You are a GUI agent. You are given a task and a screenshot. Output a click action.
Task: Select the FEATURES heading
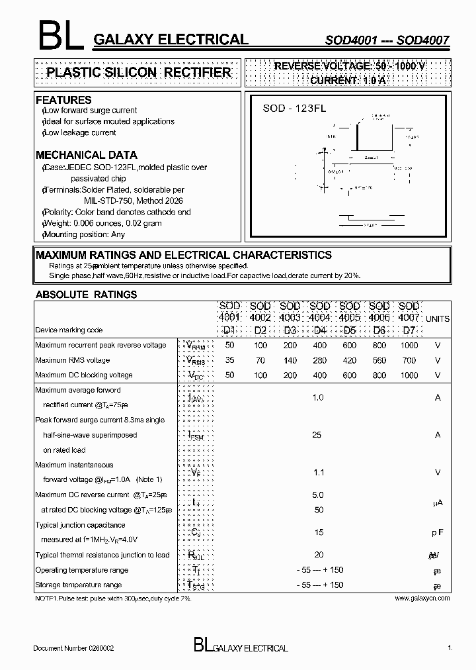pyautogui.click(x=63, y=100)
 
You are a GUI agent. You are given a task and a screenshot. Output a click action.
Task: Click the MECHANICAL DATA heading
pyautogui.click(x=86, y=156)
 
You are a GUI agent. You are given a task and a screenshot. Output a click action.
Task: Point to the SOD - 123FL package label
pyautogui.click(x=294, y=109)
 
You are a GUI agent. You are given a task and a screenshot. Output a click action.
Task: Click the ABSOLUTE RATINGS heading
pyautogui.click(x=86, y=295)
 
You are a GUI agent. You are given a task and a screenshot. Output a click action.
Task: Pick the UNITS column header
pyautogui.click(x=437, y=318)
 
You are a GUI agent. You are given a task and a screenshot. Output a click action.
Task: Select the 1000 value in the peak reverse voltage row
pyautogui.click(x=409, y=346)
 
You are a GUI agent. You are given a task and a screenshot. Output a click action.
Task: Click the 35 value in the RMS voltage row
pyautogui.click(x=230, y=361)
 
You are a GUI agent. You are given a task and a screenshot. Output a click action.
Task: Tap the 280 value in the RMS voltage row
pyautogui.click(x=319, y=361)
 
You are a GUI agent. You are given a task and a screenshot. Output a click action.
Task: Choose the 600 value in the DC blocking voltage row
pyautogui.click(x=349, y=375)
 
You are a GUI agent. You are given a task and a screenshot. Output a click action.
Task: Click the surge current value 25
pyautogui.click(x=317, y=435)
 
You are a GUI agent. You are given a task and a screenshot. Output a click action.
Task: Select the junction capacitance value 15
pyautogui.click(x=319, y=532)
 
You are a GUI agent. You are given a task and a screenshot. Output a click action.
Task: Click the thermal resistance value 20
pyautogui.click(x=319, y=555)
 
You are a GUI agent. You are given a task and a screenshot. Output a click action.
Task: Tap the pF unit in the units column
pyautogui.click(x=438, y=532)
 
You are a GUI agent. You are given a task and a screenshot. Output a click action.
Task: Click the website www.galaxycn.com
pyautogui.click(x=422, y=598)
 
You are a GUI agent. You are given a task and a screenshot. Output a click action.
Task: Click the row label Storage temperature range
pyautogui.click(x=78, y=585)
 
